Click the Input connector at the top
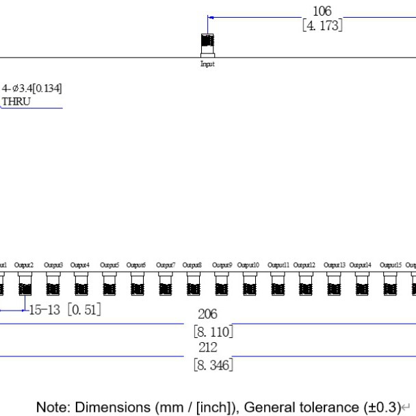pos(207,45)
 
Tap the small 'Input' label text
pos(207,64)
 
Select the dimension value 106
pos(322,12)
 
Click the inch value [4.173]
pos(322,26)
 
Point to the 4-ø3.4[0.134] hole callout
pos(32,89)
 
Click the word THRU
pos(16,102)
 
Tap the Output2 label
pos(24,265)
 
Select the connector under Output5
pos(109,283)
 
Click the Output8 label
pos(192,265)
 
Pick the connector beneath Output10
pos(249,283)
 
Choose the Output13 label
pos(333,265)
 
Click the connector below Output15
pos(389,283)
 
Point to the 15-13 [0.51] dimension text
pos(65,310)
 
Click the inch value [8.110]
pos(213,332)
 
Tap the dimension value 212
pos(207,348)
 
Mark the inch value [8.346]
pos(213,365)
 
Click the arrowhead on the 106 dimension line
pos(210,18)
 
